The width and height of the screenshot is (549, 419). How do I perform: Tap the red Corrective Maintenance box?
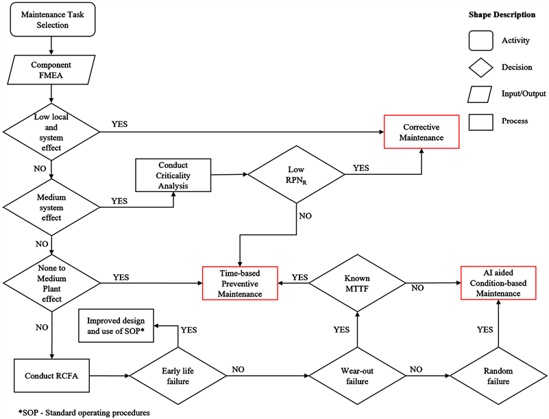422,132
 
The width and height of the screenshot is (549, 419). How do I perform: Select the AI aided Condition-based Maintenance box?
497,282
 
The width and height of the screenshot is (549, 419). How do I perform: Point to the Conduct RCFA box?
52,375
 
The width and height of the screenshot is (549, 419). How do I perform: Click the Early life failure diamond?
178,376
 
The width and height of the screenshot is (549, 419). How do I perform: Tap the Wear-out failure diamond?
356,376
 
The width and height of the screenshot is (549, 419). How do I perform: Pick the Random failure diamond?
498,376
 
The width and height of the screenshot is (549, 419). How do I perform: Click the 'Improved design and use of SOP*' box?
116,326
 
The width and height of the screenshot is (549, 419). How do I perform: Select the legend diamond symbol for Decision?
483,67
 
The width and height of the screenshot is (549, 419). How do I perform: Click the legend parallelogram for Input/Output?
483,93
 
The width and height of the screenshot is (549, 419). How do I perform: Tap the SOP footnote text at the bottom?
75,412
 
